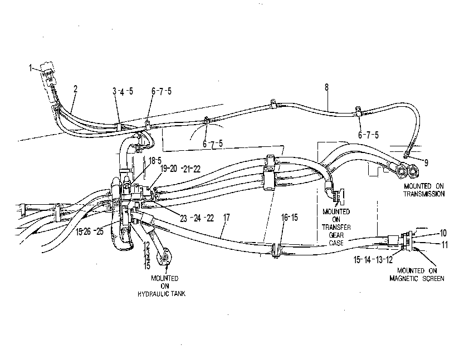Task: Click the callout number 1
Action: [x=31, y=68]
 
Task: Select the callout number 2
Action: [x=75, y=88]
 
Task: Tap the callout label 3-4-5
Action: [x=123, y=91]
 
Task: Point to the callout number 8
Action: [x=326, y=87]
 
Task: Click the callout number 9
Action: [x=426, y=163]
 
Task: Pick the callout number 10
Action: [x=443, y=233]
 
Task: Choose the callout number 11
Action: [x=445, y=245]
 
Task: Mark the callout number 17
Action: [x=227, y=218]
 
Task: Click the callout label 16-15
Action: [x=290, y=218]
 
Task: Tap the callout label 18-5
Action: [x=155, y=161]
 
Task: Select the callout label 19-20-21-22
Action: [x=180, y=169]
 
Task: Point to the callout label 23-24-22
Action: [x=197, y=218]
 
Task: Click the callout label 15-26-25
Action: [x=90, y=231]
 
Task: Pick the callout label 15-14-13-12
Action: [x=373, y=260]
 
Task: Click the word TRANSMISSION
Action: [x=424, y=194]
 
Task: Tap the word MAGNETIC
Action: [x=405, y=278]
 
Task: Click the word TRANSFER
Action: [x=336, y=227]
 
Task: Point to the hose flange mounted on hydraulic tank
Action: [x=164, y=257]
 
